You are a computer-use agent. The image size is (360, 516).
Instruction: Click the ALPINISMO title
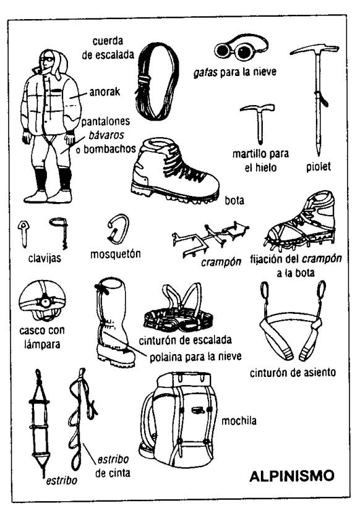point(292,476)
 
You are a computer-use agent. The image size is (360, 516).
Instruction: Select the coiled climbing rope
point(157,82)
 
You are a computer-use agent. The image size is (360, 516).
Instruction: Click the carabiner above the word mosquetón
point(118,229)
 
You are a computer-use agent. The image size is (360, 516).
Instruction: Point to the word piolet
point(318,166)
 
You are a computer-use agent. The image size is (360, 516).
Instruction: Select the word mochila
point(239,421)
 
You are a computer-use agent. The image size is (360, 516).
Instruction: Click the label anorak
point(105,92)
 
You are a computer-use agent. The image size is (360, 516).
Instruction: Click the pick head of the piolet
point(315,49)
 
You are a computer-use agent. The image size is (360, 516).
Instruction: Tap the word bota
point(234,200)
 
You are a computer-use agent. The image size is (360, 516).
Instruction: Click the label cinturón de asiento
point(293,373)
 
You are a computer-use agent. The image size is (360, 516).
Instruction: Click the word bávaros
point(106,135)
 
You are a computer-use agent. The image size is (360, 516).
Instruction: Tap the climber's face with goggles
point(47,62)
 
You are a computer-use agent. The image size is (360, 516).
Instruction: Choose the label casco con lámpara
point(42,337)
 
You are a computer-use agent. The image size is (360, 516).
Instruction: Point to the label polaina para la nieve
point(195,357)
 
